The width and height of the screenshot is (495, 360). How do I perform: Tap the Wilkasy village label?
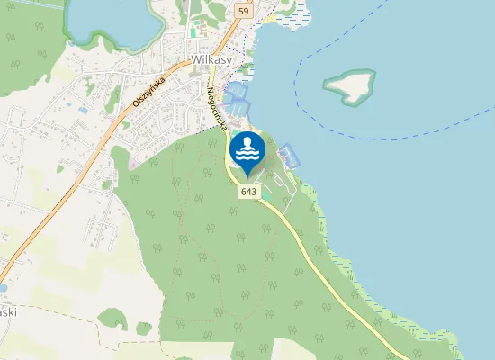(212, 60)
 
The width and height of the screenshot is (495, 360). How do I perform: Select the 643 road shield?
(249, 192)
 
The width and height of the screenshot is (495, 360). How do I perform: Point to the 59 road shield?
(244, 12)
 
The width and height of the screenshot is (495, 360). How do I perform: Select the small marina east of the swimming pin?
(288, 155)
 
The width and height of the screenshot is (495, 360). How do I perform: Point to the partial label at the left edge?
(7, 311)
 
